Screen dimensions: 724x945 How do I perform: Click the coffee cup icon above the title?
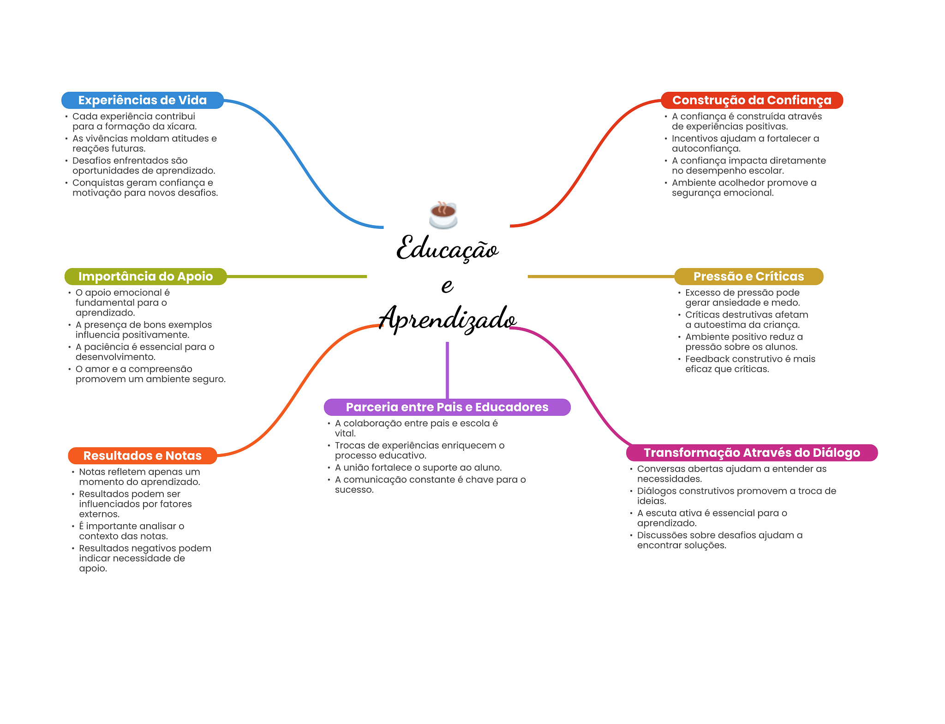point(443,215)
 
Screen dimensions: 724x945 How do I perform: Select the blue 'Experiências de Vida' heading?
point(142,100)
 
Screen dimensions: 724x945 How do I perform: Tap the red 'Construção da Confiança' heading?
point(751,100)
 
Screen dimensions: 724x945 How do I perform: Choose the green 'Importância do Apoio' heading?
point(145,276)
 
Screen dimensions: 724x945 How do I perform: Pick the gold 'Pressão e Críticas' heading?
point(748,276)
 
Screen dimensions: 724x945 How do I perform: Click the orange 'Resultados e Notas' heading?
point(142,455)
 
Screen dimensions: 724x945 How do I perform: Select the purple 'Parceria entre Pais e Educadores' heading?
point(447,407)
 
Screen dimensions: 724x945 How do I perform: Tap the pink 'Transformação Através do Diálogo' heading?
point(752,453)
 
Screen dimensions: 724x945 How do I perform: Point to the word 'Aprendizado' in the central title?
point(447,318)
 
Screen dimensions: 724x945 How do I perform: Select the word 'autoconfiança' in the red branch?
point(706,149)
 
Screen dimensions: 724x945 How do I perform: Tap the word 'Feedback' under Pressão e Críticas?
point(704,359)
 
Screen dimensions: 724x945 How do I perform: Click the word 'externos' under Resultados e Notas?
point(99,514)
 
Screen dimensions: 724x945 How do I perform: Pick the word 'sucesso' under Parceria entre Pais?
point(353,490)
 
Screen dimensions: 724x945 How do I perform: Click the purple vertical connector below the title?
point(447,369)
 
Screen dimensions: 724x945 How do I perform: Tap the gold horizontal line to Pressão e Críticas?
point(600,276)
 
